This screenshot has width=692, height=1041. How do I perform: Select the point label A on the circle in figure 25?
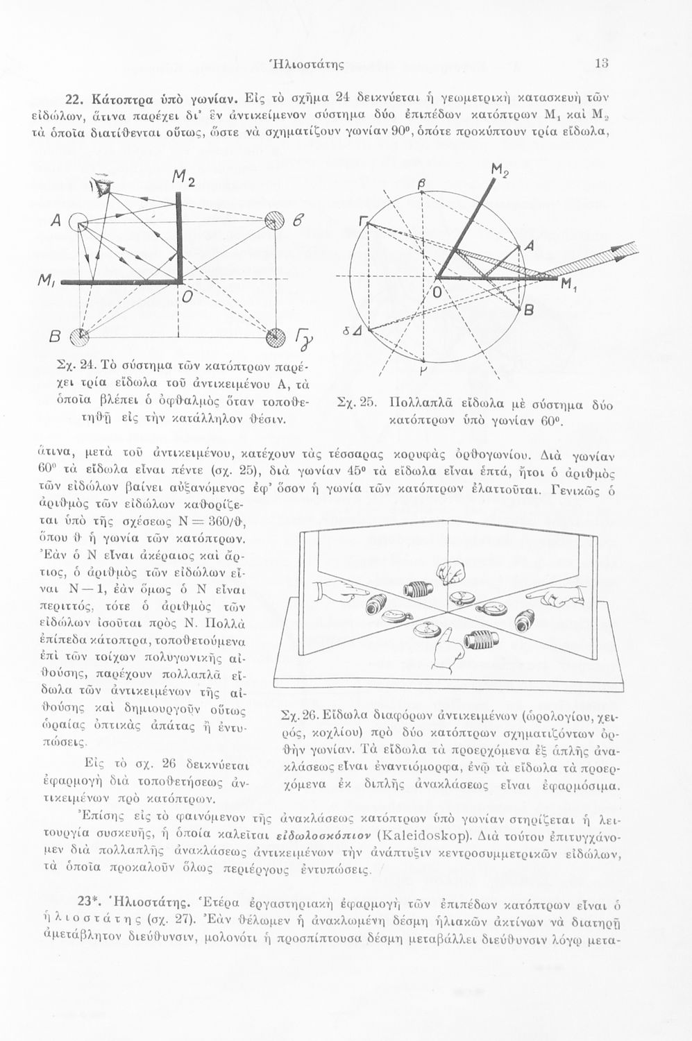click(x=530, y=246)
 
